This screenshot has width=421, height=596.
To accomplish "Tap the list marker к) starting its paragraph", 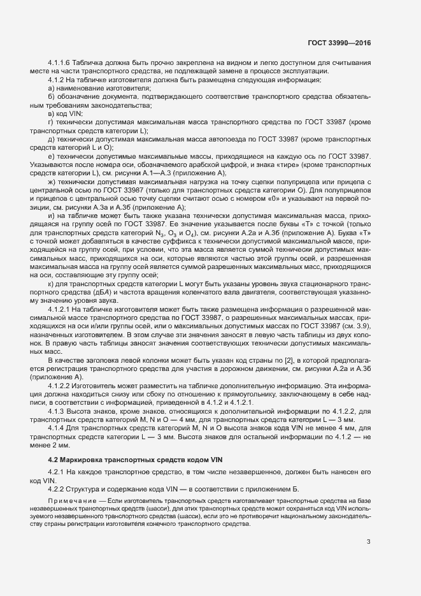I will click(52, 283).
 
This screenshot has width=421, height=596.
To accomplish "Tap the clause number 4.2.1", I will click(57, 472).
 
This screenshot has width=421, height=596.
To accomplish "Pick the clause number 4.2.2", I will click(57, 489).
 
